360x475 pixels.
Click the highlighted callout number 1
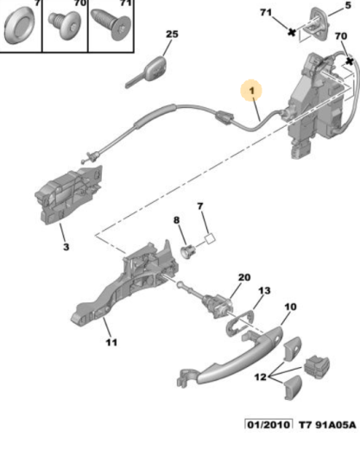click(x=252, y=91)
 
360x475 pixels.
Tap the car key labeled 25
click(x=146, y=72)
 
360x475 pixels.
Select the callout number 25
click(x=172, y=34)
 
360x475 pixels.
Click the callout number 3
click(x=66, y=247)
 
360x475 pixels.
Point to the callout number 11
click(x=111, y=342)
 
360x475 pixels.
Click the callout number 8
click(x=176, y=220)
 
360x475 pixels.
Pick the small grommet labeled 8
click(x=187, y=251)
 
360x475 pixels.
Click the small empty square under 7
click(x=210, y=238)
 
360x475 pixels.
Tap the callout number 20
click(x=244, y=277)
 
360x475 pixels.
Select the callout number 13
click(x=264, y=290)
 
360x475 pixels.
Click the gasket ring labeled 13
click(x=241, y=323)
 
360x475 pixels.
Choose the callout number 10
click(x=291, y=307)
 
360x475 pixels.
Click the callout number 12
click(x=261, y=377)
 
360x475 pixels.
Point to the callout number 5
click(x=348, y=5)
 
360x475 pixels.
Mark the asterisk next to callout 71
click(x=291, y=32)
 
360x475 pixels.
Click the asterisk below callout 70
click(x=350, y=61)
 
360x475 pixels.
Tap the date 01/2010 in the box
click(x=268, y=425)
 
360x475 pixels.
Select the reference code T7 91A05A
click(x=327, y=425)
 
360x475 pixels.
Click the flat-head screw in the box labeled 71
click(x=111, y=24)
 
